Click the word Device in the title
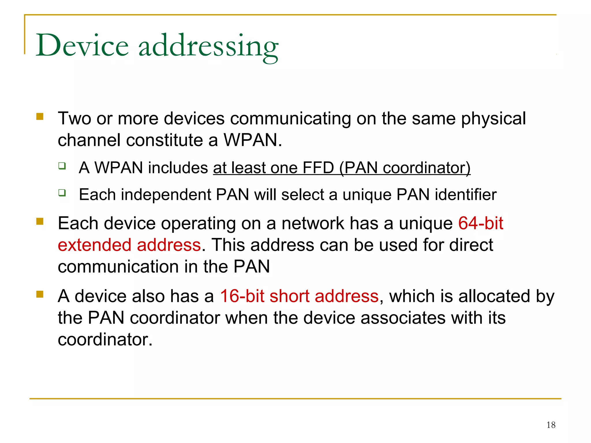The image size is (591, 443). tap(82, 46)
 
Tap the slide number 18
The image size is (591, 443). tap(551, 425)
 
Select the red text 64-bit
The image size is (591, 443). tap(480, 223)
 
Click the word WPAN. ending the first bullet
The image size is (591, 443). tap(253, 140)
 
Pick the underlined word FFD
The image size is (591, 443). tap(318, 168)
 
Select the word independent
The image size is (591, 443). tap(166, 195)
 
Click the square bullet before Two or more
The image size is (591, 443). tap(40, 117)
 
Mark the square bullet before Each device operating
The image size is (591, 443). tap(40, 221)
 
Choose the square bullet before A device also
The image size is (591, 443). tap(40, 294)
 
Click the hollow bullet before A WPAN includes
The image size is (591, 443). tap(62, 166)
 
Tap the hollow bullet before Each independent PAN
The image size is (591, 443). tap(62, 192)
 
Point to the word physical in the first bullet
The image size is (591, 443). tap(493, 119)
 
